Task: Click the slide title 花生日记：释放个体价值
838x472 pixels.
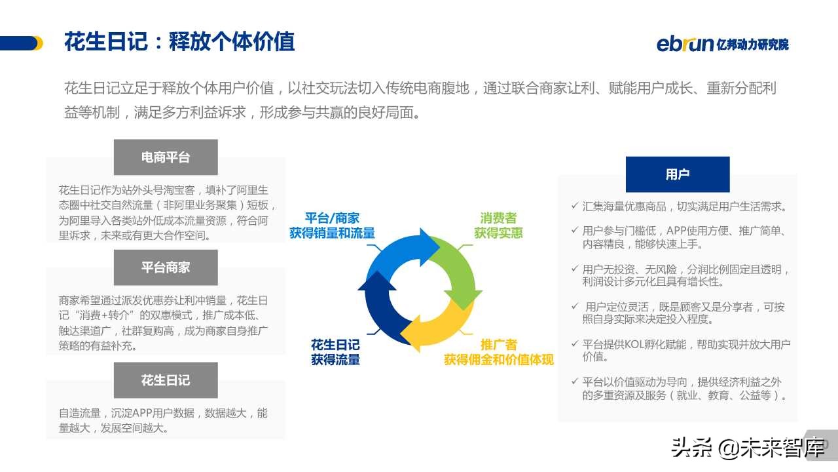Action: click(x=179, y=41)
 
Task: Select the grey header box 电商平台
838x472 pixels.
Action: click(x=166, y=157)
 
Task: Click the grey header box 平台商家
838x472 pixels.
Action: click(x=166, y=267)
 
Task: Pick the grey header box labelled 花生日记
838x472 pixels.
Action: click(x=166, y=380)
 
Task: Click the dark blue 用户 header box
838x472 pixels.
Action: click(x=678, y=174)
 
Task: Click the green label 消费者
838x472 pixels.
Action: click(x=498, y=218)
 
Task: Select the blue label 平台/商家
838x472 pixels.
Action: click(x=332, y=218)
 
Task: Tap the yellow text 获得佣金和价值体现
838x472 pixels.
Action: click(x=498, y=359)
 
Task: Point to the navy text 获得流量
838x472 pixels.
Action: click(x=335, y=359)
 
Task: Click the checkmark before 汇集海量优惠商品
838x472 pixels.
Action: click(x=574, y=206)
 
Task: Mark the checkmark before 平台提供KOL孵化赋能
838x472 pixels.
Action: click(x=574, y=344)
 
